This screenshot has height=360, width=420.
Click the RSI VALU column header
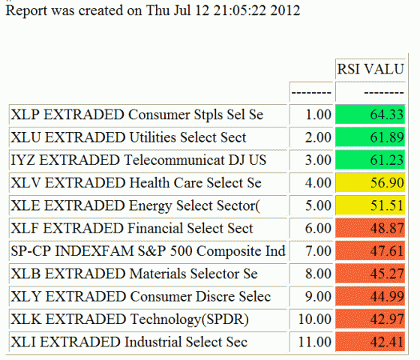pyautogui.click(x=370, y=70)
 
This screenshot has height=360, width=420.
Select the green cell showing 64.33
pyautogui.click(x=370, y=115)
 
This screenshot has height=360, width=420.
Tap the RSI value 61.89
pyautogui.click(x=370, y=137)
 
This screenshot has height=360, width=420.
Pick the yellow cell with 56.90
pyautogui.click(x=370, y=182)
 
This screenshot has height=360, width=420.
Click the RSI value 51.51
pyautogui.click(x=370, y=205)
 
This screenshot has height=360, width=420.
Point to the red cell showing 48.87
pyautogui.click(x=370, y=228)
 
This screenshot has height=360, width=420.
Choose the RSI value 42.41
pyautogui.click(x=370, y=343)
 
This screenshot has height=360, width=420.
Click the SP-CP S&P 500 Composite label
pyautogui.click(x=148, y=250)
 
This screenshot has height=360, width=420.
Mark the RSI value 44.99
pyautogui.click(x=370, y=297)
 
